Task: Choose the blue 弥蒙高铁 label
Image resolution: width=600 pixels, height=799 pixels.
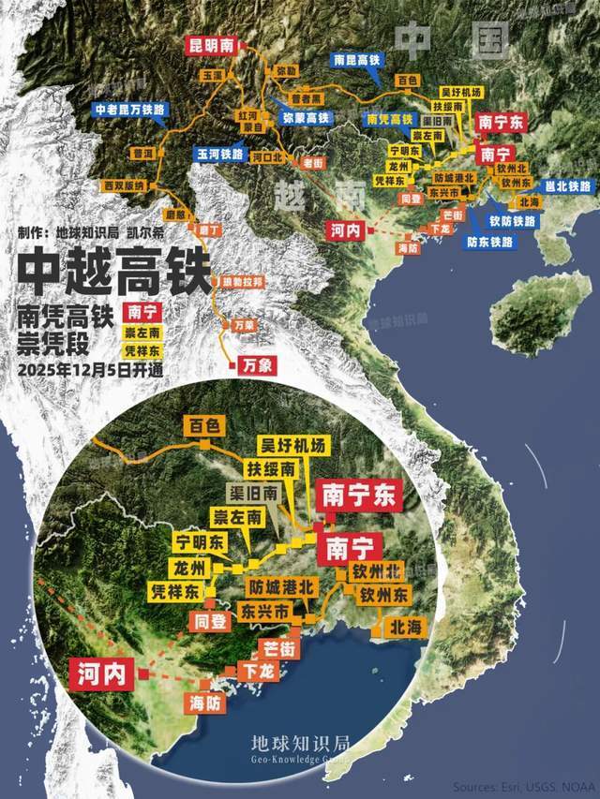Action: [306, 118]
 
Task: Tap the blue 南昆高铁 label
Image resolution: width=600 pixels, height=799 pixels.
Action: [357, 59]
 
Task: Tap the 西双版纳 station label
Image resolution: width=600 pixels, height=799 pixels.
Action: [124, 185]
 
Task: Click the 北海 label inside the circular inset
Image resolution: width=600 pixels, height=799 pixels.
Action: [402, 629]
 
